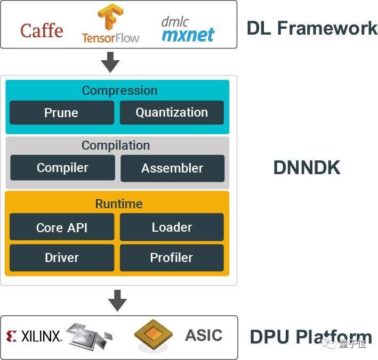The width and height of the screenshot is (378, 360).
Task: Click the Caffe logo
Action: pyautogui.click(x=42, y=30)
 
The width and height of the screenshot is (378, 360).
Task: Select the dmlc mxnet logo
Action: pyautogui.click(x=188, y=30)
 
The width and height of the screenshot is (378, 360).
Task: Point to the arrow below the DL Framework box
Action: pyautogui.click(x=110, y=62)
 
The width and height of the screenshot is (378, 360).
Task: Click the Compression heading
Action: pyautogui.click(x=119, y=91)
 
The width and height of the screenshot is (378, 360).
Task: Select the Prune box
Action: pyautogui.click(x=61, y=113)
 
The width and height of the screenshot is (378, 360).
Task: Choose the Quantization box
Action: pyautogui.click(x=172, y=112)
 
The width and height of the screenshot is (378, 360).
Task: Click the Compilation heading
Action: pyautogui.click(x=116, y=145)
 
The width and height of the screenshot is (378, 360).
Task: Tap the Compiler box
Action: pyautogui.click(x=62, y=168)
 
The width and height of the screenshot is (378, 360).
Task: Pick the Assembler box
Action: pyautogui.click(x=172, y=168)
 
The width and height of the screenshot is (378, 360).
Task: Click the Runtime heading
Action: pyautogui.click(x=118, y=204)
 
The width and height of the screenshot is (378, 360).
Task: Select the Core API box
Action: pyautogui.click(x=62, y=227)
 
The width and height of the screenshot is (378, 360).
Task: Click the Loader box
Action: pyautogui.click(x=172, y=227)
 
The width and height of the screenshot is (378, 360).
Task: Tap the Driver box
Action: pyautogui.click(x=62, y=258)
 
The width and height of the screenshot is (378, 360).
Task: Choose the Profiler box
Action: pyautogui.click(x=172, y=258)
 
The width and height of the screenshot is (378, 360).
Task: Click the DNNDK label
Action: pyautogui.click(x=307, y=168)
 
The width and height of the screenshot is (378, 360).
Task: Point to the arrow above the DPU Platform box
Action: pyautogui.click(x=117, y=301)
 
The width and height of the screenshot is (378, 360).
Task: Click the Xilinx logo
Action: pyautogui.click(x=34, y=336)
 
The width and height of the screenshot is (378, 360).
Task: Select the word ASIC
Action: pyautogui.click(x=204, y=336)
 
